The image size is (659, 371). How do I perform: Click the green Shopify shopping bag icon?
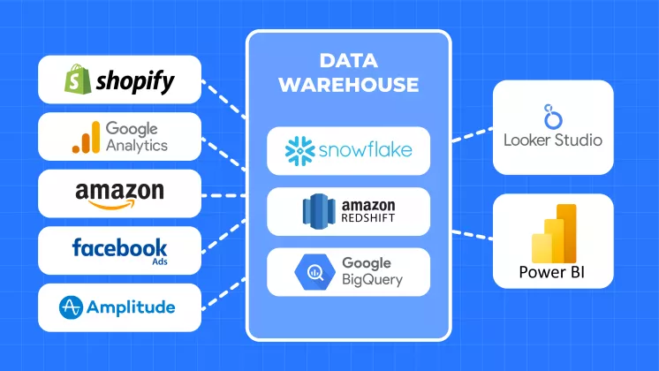[x=76, y=81]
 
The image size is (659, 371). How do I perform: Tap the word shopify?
[x=134, y=83]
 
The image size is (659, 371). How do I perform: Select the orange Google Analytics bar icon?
[x=86, y=138]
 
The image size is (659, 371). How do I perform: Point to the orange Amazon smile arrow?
[x=120, y=206]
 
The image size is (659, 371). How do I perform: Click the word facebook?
[x=119, y=246]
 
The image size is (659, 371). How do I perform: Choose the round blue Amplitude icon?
[x=72, y=307]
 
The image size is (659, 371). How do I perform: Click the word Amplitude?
[x=131, y=307]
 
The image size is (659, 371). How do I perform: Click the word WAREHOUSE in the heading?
[x=348, y=86]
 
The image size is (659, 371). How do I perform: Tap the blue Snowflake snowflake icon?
[x=299, y=150]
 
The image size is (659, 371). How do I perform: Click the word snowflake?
[x=364, y=150]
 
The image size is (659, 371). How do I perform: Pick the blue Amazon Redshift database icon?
[x=317, y=210]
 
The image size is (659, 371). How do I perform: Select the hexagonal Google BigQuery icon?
[x=315, y=271]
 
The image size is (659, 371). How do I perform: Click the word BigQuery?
[x=372, y=280]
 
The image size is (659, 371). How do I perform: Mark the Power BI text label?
[x=553, y=271]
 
